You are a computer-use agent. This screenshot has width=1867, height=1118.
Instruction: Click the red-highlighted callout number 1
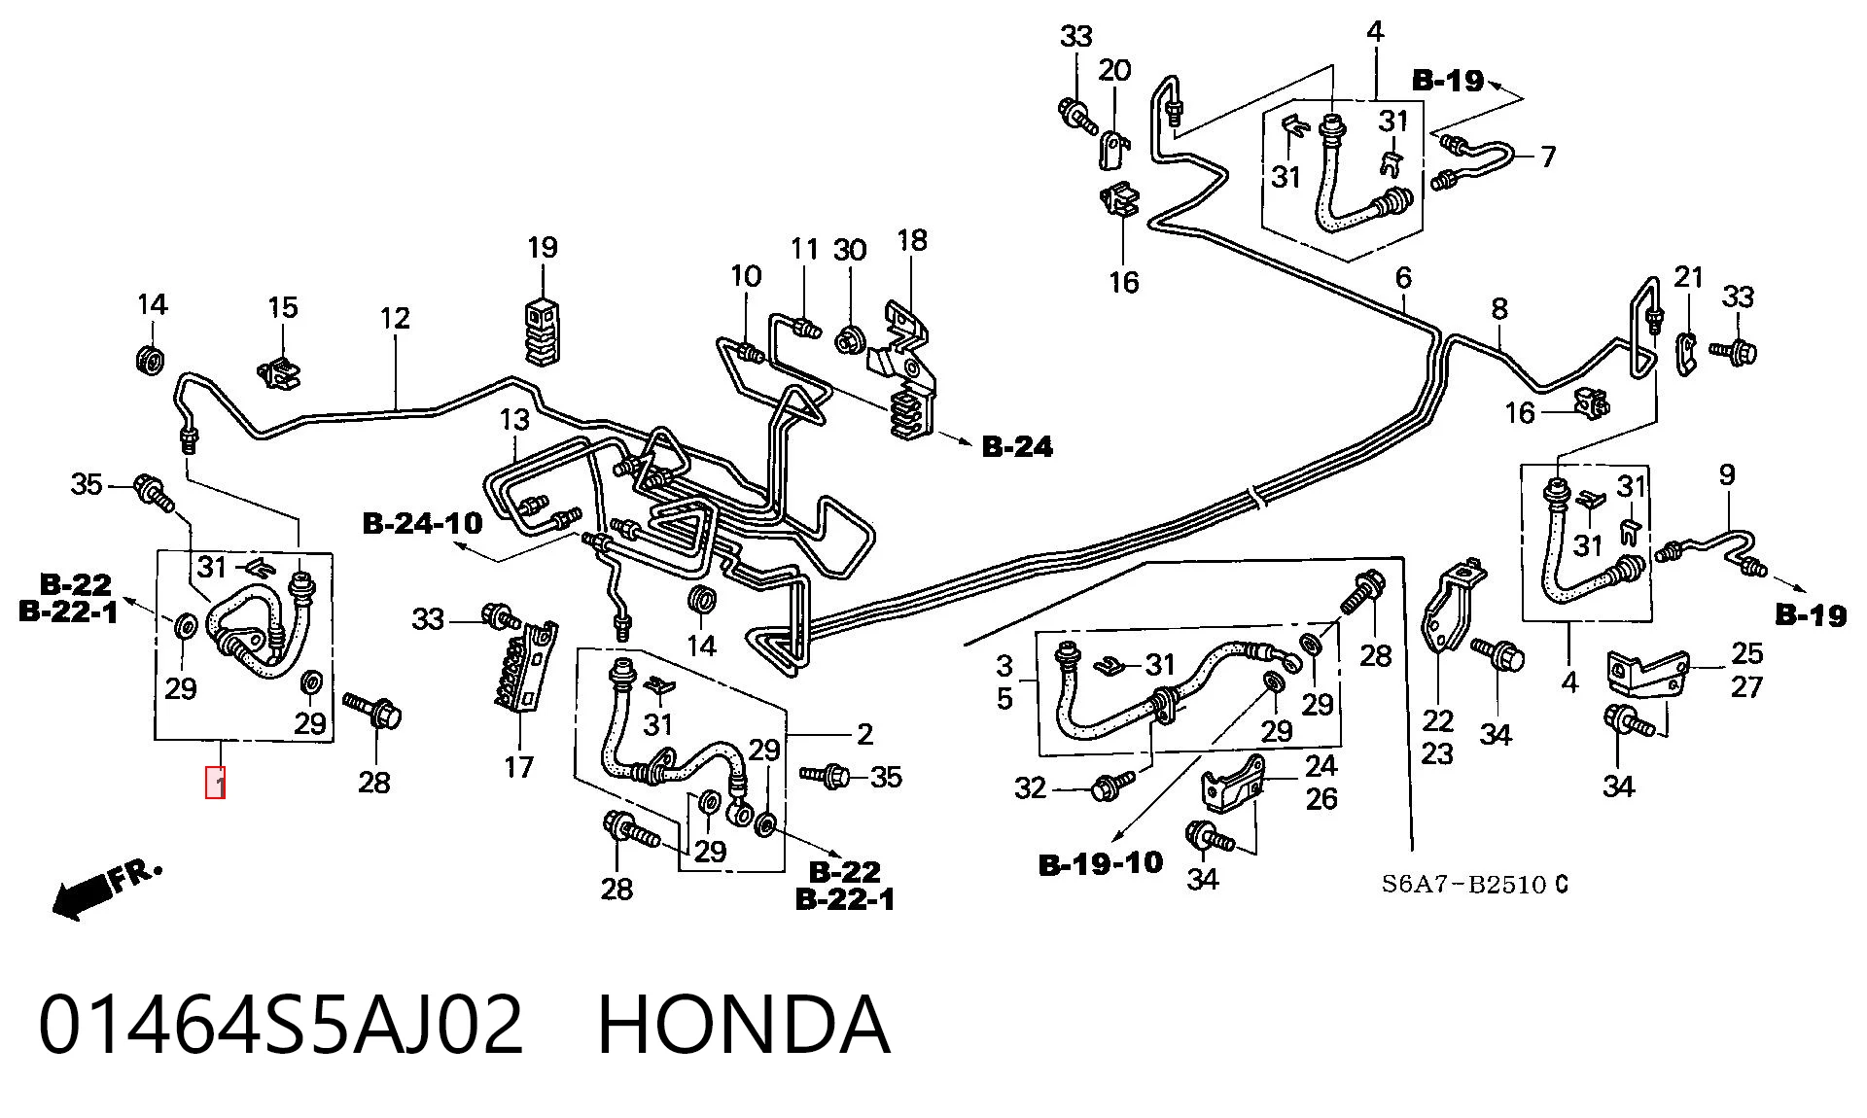pyautogui.click(x=215, y=783)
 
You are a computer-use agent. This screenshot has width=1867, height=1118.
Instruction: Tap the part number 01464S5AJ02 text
pyautogui.click(x=281, y=1025)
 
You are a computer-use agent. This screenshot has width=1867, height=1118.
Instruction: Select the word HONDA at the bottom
pyautogui.click(x=743, y=1025)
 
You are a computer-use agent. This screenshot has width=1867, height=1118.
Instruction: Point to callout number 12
pyautogui.click(x=395, y=318)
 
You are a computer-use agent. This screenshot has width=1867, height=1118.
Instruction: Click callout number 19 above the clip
pyautogui.click(x=543, y=247)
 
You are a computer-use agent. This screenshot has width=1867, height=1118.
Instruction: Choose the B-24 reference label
pyautogui.click(x=1017, y=446)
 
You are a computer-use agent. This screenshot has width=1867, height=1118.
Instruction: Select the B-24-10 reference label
pyautogui.click(x=423, y=523)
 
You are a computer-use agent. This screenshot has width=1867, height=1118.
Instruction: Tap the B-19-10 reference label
pyautogui.click(x=1101, y=863)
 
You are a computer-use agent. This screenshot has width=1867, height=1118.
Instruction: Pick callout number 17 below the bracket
pyautogui.click(x=519, y=767)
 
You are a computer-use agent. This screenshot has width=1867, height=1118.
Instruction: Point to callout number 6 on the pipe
pyautogui.click(x=1403, y=278)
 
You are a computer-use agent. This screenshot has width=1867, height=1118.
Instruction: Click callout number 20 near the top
pyautogui.click(x=1115, y=70)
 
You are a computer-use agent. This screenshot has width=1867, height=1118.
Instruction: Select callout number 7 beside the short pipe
pyautogui.click(x=1548, y=156)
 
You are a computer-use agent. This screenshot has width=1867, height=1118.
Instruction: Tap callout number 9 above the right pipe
pyautogui.click(x=1727, y=475)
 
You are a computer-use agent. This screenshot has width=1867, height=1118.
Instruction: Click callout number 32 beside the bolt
pyautogui.click(x=1031, y=787)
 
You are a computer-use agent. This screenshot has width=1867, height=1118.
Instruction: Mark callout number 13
pyautogui.click(x=514, y=419)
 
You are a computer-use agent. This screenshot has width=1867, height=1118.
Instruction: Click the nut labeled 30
pyautogui.click(x=849, y=339)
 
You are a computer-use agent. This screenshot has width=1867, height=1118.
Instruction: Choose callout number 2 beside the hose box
pyautogui.click(x=864, y=734)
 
